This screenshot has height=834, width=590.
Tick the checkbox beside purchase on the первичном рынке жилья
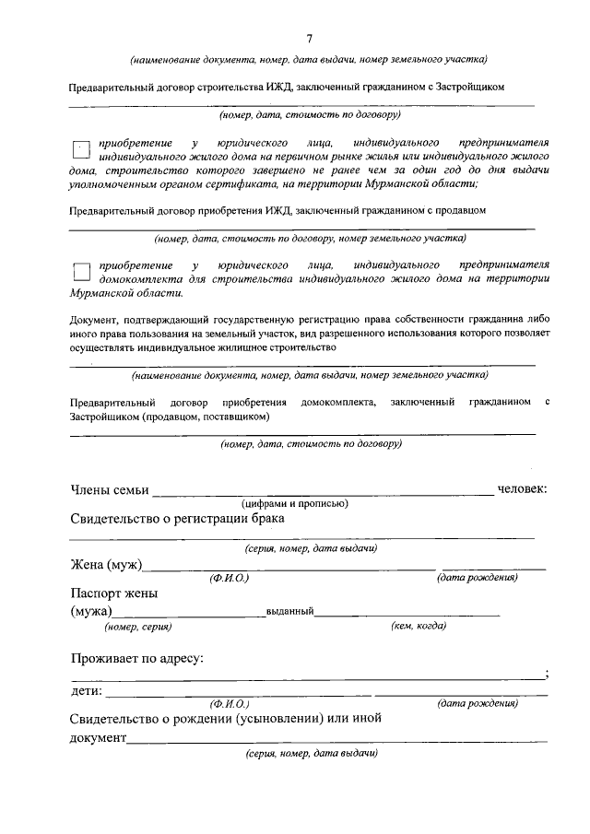[80, 150]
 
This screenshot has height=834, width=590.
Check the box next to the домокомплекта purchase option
[80, 270]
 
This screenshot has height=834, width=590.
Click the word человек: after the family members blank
[523, 488]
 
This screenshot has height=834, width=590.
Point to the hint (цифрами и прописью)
[294, 503]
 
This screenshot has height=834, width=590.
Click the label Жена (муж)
[106, 564]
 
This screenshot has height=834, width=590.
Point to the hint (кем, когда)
[419, 626]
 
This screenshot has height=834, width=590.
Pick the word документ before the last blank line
[98, 737]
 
